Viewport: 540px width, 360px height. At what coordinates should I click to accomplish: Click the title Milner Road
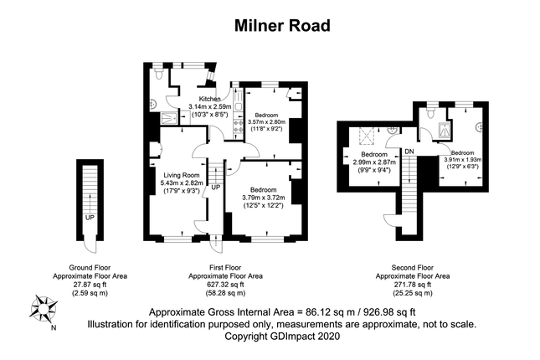click(270, 26)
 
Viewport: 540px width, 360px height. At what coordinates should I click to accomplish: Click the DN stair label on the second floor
click(409, 151)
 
